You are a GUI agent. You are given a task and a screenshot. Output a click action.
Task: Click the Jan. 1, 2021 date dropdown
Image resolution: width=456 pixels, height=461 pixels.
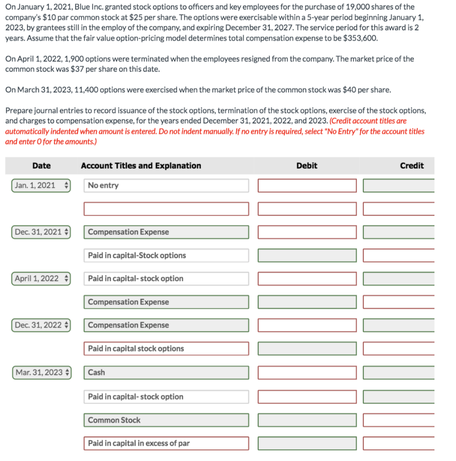point(40,185)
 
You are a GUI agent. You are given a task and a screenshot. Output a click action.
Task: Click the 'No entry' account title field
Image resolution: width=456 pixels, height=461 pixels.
point(166,185)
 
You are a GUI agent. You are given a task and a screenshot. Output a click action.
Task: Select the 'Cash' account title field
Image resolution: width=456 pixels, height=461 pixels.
point(166,372)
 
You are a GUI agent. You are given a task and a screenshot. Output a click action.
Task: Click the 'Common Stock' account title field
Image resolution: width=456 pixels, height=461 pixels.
point(166,420)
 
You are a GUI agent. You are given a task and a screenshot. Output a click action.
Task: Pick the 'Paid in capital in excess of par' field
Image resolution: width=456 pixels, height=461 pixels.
point(166,443)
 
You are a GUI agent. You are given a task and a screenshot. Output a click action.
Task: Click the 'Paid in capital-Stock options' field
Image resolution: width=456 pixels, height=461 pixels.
point(166,255)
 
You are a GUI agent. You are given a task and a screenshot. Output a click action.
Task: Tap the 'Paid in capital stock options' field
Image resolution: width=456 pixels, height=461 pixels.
point(166,348)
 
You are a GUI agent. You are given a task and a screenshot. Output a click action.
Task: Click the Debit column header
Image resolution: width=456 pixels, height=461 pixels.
point(307,166)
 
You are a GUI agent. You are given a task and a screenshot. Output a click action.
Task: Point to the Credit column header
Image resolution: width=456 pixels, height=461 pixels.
point(411,166)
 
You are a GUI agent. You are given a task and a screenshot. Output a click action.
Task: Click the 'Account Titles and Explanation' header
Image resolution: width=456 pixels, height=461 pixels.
point(141,166)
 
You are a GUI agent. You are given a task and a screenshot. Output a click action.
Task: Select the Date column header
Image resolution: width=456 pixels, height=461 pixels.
point(41,166)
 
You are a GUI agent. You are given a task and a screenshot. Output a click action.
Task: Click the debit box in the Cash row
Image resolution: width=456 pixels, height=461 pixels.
point(307,372)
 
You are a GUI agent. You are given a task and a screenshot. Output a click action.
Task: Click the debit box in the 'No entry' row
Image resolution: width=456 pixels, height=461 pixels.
point(307,185)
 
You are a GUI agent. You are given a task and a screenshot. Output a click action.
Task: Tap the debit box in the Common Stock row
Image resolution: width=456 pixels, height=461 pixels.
point(307,420)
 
